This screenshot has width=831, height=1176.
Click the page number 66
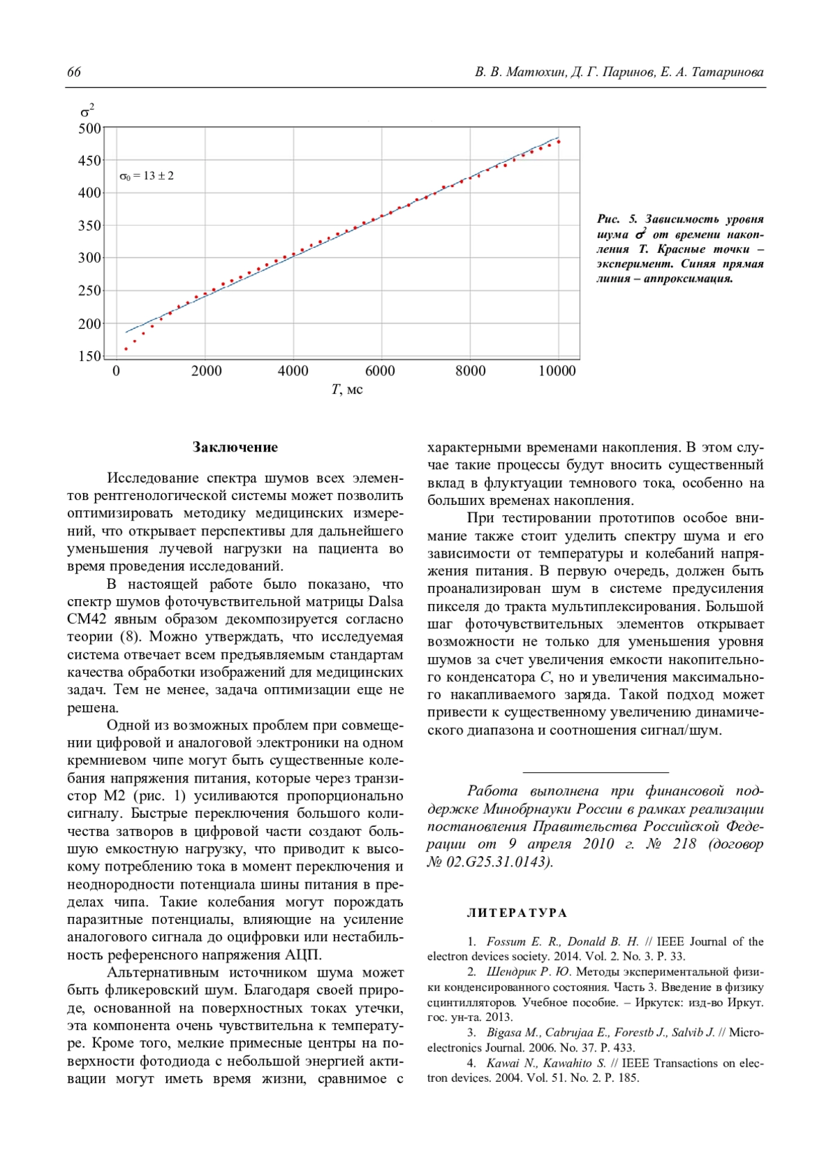(74, 73)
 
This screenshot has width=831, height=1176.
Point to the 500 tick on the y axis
(90, 128)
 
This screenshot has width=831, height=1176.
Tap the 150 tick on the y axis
(90, 357)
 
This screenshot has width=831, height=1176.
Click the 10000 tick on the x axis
(557, 371)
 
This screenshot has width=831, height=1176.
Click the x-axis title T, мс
(347, 389)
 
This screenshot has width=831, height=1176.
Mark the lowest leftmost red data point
(126, 349)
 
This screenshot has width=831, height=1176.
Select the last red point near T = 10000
(558, 142)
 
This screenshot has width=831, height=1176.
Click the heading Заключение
(235, 447)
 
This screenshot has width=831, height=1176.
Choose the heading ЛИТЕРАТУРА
(517, 913)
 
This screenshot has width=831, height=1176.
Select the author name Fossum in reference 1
(506, 942)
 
